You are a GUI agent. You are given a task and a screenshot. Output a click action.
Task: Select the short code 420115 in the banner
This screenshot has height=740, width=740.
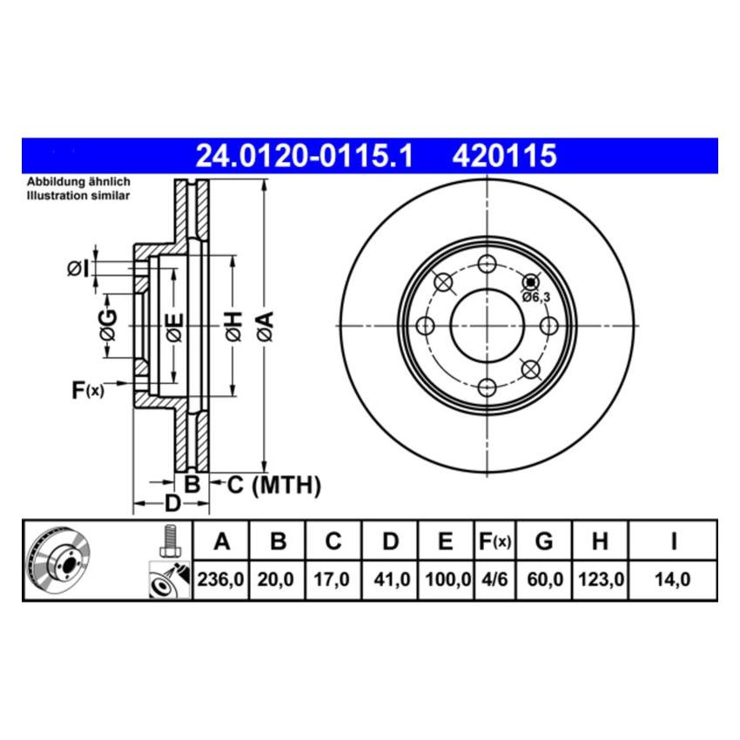(503, 157)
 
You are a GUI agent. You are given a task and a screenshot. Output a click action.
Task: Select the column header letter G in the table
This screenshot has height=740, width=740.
(544, 542)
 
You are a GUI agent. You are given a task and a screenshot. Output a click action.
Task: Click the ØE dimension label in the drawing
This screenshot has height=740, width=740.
(174, 326)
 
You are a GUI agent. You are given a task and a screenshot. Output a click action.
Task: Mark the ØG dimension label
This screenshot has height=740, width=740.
(107, 326)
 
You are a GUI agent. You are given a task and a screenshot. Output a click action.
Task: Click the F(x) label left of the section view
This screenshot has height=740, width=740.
(87, 391)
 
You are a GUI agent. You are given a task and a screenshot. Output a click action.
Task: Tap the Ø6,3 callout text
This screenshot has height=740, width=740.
(536, 297)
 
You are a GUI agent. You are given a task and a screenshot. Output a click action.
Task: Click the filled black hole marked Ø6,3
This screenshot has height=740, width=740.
(530, 282)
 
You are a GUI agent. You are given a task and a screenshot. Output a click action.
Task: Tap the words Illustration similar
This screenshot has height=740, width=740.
(78, 196)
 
